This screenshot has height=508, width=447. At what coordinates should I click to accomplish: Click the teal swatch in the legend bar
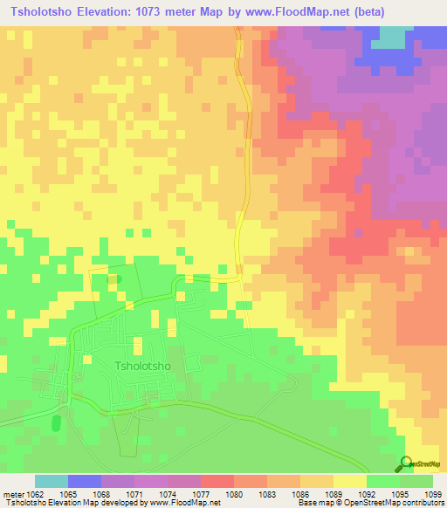click(52, 481)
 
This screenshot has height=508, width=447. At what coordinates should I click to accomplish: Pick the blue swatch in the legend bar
click(85, 481)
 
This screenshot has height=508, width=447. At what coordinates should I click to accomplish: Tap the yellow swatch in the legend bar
click(349, 481)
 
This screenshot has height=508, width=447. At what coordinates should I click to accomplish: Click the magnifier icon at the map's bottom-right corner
click(403, 463)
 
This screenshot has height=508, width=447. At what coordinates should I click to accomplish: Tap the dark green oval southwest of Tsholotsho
click(57, 423)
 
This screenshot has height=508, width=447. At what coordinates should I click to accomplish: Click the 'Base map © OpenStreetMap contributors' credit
click(369, 503)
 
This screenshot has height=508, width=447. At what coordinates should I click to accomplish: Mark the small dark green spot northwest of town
click(119, 279)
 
